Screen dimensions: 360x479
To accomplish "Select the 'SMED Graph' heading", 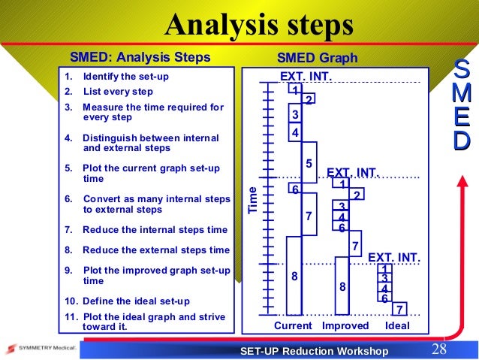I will pyautogui.click(x=318, y=58).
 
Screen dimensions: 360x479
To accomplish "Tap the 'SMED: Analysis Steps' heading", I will pyautogui.click(x=140, y=58).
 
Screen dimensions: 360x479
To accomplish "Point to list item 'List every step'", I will pyautogui.click(x=118, y=92).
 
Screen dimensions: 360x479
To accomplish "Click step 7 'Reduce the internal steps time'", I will pyautogui.click(x=155, y=230).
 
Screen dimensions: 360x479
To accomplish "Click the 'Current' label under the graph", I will pyautogui.click(x=293, y=325).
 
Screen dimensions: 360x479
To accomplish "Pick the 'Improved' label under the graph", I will pyautogui.click(x=345, y=325).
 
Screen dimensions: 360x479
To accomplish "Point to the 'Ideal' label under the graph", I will pyautogui.click(x=397, y=325).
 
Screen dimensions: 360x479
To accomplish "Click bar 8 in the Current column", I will pyautogui.click(x=294, y=276).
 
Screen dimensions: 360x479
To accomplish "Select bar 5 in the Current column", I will pyautogui.click(x=309, y=163).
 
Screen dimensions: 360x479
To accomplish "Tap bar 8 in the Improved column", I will pyautogui.click(x=342, y=286).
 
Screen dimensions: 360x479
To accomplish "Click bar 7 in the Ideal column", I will pyautogui.click(x=400, y=309).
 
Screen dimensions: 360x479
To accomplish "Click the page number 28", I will pyautogui.click(x=440, y=349).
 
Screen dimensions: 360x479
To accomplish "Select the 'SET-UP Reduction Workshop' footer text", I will pyautogui.click(x=314, y=351).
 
